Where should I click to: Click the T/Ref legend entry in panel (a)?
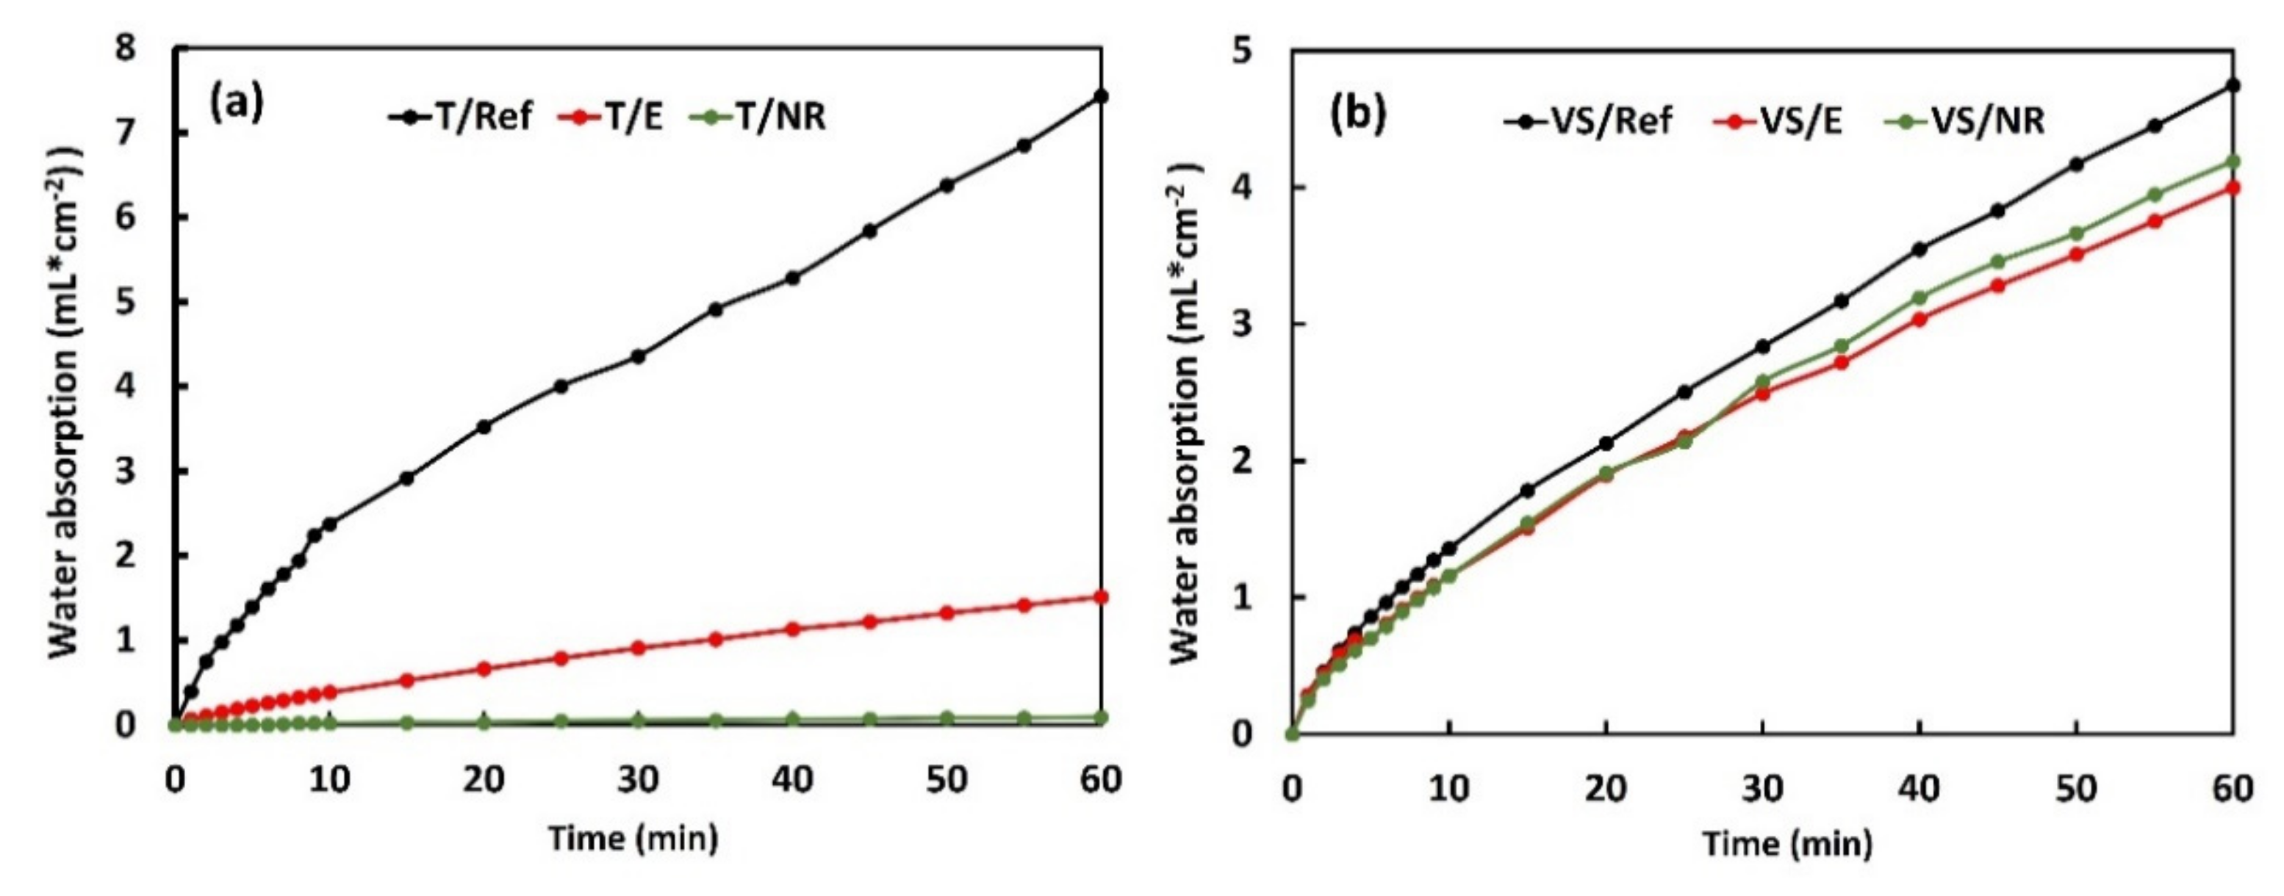point(461,116)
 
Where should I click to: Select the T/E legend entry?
point(611,116)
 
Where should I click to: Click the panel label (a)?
point(236,104)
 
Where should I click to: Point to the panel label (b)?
point(1357,116)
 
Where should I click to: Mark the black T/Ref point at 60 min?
point(1101,95)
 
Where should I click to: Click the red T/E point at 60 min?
point(1101,596)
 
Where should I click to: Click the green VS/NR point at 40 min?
point(1920,297)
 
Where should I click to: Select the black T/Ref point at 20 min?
point(484,426)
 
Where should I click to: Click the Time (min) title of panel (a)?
point(633,837)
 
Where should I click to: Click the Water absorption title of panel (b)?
point(1185,412)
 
